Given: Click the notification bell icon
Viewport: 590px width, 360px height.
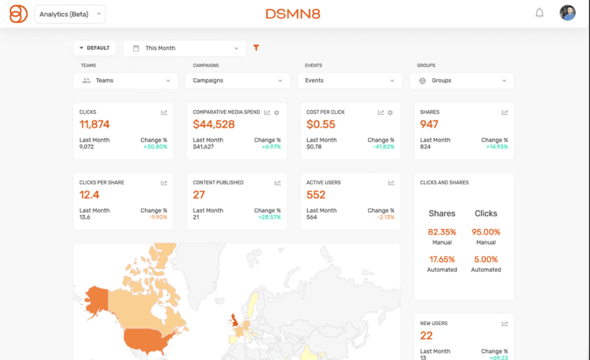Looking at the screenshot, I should click(539, 13).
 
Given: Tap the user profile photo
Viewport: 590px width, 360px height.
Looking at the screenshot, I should click(567, 13).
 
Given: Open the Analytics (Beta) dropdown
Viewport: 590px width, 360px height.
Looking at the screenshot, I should click(70, 14).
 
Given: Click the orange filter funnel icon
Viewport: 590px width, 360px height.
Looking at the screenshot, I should click(256, 48).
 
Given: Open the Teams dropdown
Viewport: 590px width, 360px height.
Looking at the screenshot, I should click(126, 81).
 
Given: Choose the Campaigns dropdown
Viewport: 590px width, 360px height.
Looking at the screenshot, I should click(237, 81).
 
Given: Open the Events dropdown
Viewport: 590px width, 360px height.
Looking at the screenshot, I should click(349, 81).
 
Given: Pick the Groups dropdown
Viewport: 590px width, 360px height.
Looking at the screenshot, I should click(462, 81).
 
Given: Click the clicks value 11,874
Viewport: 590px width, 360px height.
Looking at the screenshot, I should click(94, 124).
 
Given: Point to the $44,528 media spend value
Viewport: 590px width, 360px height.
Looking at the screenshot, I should click(214, 124).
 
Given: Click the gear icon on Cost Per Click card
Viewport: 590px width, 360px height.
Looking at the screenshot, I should click(390, 112).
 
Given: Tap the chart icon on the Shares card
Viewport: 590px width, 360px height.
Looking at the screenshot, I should click(505, 112).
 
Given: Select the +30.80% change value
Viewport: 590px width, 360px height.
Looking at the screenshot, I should click(155, 147).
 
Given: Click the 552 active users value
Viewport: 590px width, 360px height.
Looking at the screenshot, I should click(316, 195).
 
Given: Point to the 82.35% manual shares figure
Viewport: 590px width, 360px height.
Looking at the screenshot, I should click(442, 232).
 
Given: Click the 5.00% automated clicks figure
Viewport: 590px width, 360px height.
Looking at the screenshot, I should click(486, 259).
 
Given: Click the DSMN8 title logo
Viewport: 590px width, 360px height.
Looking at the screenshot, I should click(293, 14).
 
